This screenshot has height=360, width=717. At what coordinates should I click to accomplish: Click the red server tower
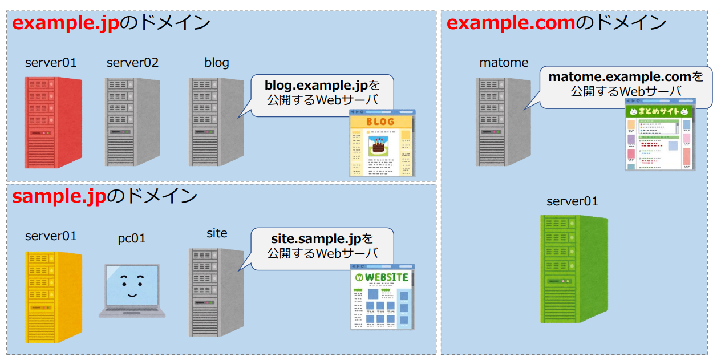(x=54, y=122)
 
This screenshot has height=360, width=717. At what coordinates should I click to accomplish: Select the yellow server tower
(x=54, y=297)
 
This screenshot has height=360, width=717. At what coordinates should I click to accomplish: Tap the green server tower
(x=574, y=269)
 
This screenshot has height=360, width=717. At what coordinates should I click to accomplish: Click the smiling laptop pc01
(x=132, y=291)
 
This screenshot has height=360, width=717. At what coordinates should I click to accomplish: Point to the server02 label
(x=132, y=63)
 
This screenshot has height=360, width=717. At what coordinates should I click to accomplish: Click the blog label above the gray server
(x=217, y=63)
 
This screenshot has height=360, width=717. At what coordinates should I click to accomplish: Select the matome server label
(x=504, y=63)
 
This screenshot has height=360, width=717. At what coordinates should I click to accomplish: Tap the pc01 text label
(x=132, y=238)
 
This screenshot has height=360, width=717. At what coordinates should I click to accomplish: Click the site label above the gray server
(x=217, y=233)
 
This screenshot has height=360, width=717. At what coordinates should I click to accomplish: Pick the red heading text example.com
(x=511, y=22)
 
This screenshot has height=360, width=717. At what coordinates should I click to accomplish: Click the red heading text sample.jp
(x=59, y=196)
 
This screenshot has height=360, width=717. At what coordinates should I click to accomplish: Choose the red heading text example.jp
(x=66, y=23)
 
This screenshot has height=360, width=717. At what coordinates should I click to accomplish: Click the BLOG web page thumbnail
(x=382, y=143)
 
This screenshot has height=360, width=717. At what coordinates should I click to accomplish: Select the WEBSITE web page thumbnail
(x=383, y=297)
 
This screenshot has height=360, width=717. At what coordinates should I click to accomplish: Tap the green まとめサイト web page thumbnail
(x=660, y=135)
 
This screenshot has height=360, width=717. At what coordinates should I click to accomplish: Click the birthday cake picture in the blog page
(x=378, y=145)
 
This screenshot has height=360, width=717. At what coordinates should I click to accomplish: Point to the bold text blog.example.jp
(x=316, y=86)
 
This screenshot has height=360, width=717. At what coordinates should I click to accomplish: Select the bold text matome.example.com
(x=619, y=77)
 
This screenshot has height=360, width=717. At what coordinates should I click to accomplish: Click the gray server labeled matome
(x=503, y=122)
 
